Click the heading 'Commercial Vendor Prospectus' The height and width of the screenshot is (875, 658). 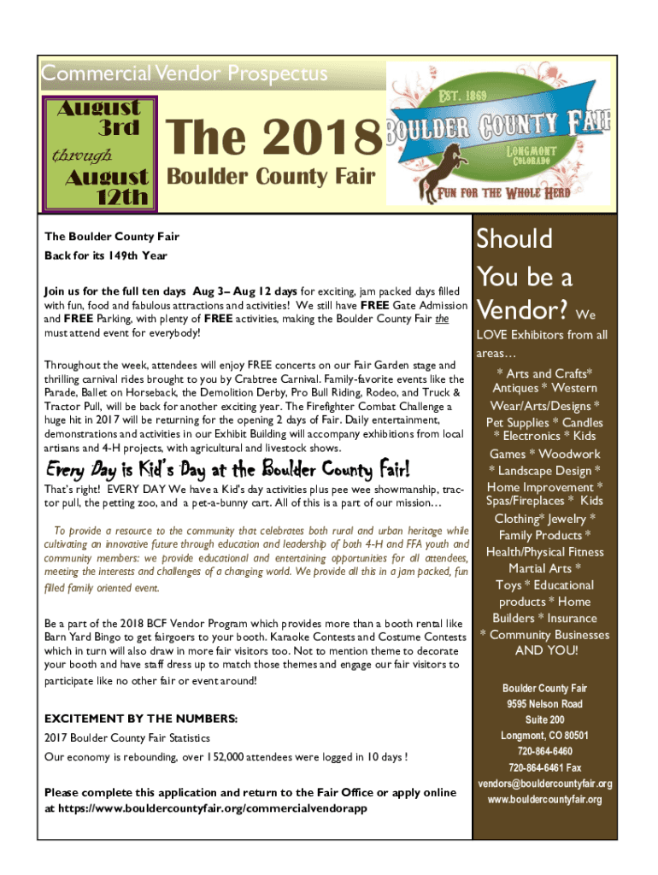click(x=185, y=74)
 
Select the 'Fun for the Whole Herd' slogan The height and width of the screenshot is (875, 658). click(x=504, y=192)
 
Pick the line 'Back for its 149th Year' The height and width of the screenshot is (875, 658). click(x=106, y=255)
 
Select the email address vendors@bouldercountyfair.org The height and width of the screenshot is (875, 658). click(x=544, y=784)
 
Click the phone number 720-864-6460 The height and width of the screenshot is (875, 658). click(x=544, y=751)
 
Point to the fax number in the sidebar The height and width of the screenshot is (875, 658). click(x=544, y=767)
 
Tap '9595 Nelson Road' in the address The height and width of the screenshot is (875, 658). click(x=544, y=704)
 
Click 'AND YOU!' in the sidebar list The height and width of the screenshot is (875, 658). click(x=546, y=651)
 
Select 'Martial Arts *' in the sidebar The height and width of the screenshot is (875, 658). click(x=545, y=568)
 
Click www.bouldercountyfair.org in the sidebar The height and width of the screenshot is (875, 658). click(x=544, y=800)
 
